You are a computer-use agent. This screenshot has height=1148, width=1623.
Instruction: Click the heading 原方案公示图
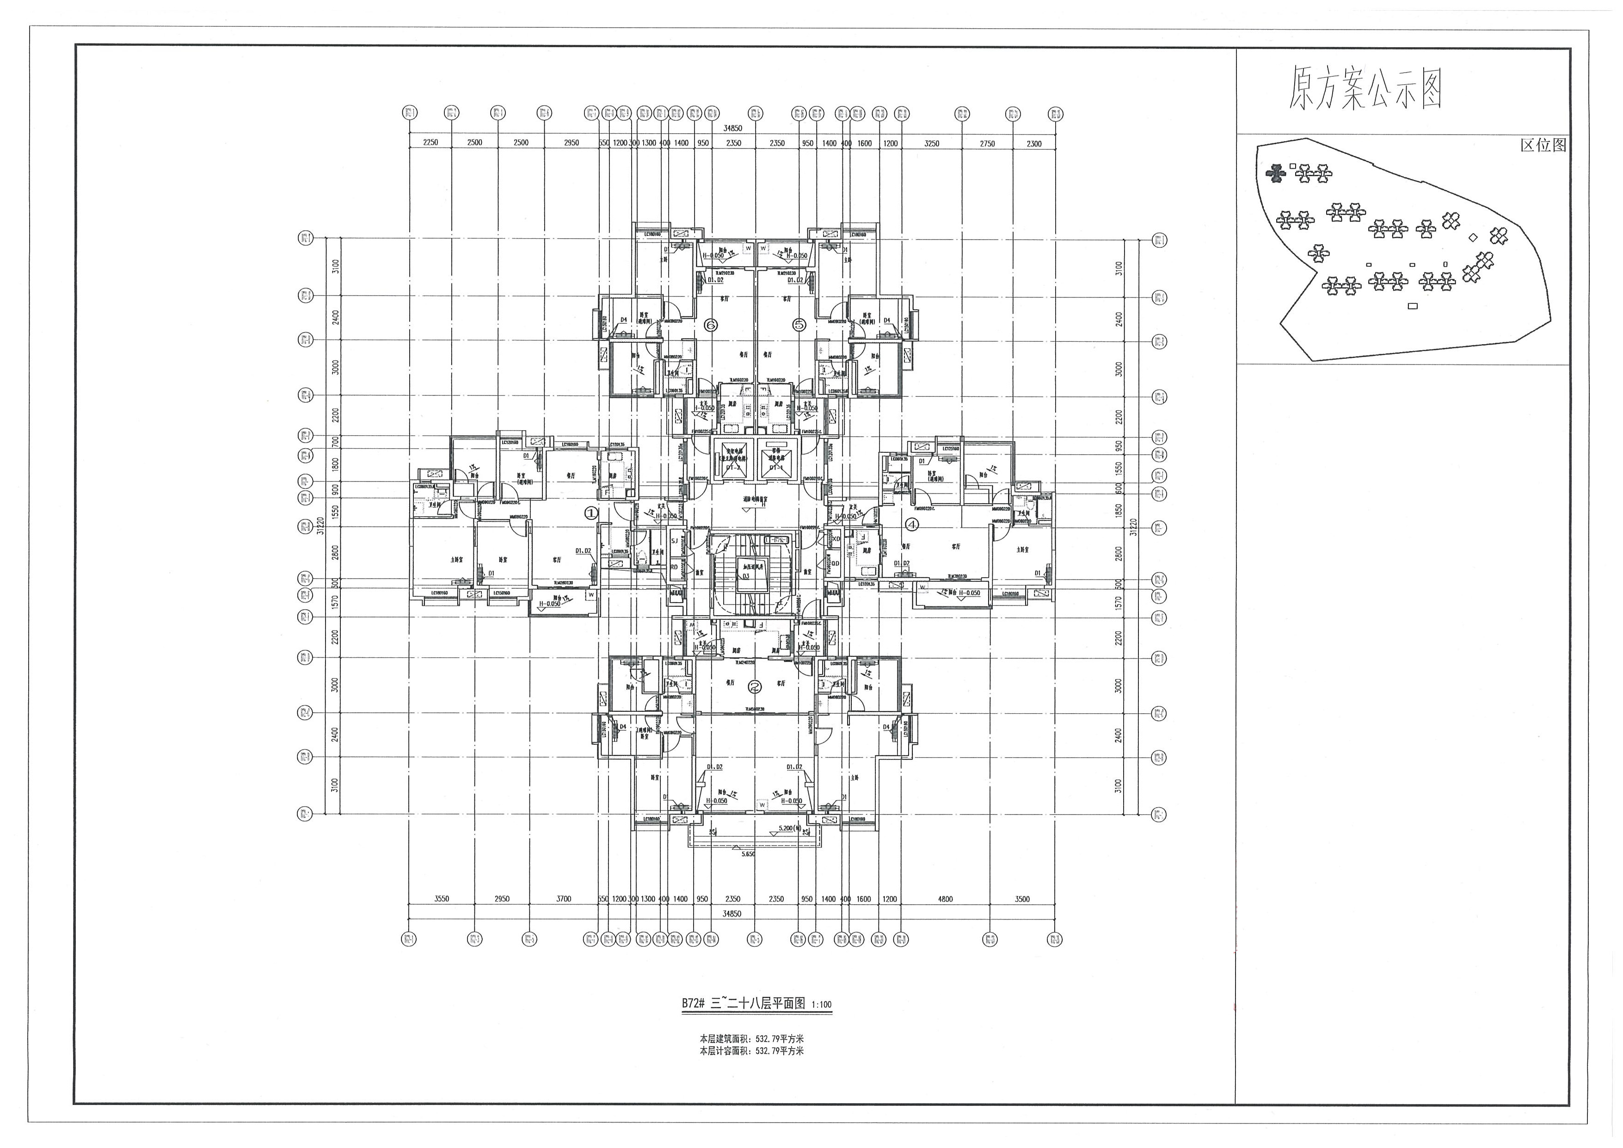pos(1364,88)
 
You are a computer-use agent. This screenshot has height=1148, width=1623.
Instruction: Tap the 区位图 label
pos(1543,145)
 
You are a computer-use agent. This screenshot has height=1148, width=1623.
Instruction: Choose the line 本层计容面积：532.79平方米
pos(751,1050)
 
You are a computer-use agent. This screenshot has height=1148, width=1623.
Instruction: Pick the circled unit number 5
pos(799,325)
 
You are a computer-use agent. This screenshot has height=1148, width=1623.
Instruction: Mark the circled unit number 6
pos(710,325)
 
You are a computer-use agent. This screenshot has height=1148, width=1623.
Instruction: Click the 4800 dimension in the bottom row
pos(945,899)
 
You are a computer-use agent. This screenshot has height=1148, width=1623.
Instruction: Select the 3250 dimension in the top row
pos(932,143)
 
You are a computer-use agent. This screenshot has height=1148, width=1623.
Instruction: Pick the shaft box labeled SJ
pos(674,542)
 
